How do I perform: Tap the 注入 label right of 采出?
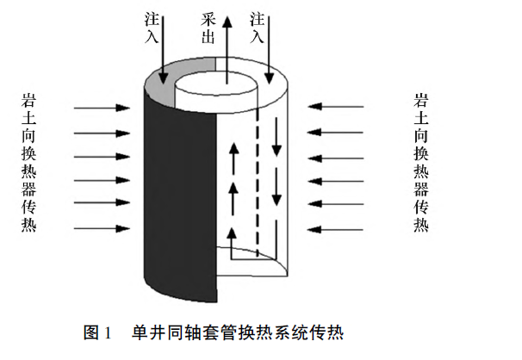tap(257, 27)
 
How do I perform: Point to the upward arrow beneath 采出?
tap(227, 47)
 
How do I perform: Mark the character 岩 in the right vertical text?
tap(419, 102)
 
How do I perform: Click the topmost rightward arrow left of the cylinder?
tap(99, 109)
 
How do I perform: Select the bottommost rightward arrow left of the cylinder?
tap(99, 229)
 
